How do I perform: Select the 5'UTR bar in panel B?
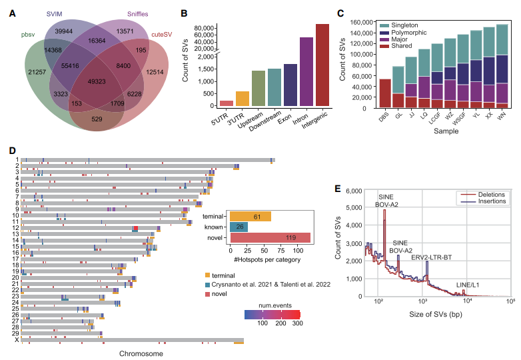pyautogui.click(x=227, y=103)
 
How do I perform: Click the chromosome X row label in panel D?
pyautogui.click(x=17, y=340)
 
